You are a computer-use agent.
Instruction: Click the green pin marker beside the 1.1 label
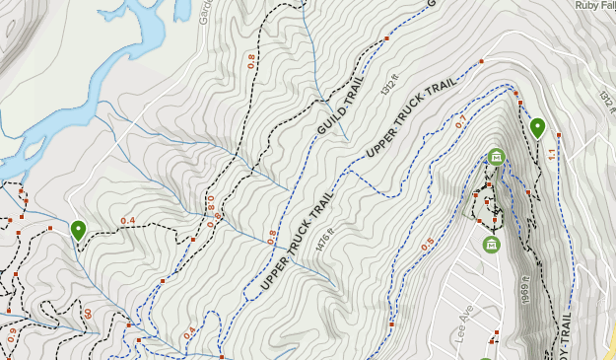(537, 127)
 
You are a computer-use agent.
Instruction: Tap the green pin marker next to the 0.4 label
(78, 230)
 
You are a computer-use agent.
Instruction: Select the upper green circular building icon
(496, 156)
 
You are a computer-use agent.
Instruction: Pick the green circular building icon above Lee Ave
(491, 244)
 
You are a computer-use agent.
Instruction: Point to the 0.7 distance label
(459, 122)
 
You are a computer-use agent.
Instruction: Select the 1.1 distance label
(552, 153)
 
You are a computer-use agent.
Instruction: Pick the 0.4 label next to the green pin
(127, 220)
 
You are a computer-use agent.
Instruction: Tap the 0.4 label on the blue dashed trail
(189, 332)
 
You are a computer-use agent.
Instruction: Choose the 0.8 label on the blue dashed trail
(272, 236)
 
